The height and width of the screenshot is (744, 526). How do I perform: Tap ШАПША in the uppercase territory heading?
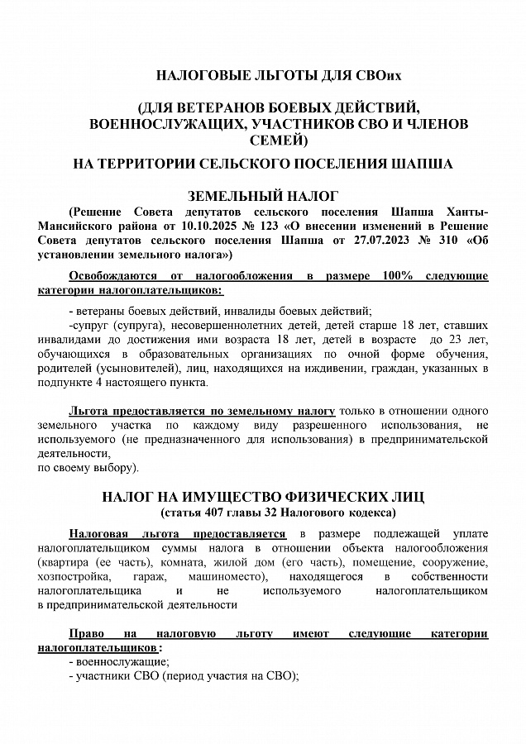point(420,164)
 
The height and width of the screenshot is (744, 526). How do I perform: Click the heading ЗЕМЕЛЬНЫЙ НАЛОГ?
point(263,196)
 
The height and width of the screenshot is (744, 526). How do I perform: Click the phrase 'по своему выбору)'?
point(88,468)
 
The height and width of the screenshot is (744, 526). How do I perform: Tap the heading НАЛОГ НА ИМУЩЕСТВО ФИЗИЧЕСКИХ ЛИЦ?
point(263,498)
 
